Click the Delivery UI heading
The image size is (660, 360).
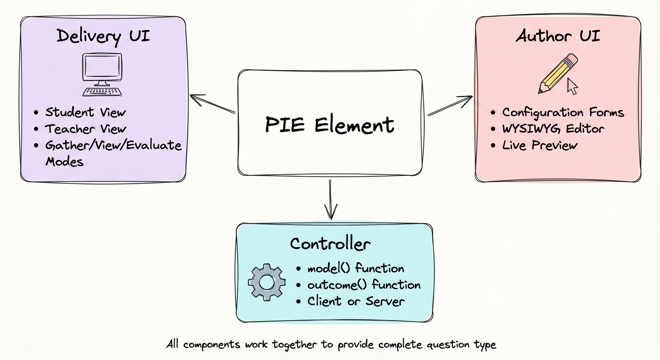(103, 37)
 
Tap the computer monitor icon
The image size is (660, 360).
(102, 74)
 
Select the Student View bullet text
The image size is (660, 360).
(85, 112)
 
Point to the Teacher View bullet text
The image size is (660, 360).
(86, 129)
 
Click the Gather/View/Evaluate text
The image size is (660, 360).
(113, 145)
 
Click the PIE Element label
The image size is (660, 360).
(330, 125)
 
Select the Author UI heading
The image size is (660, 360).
(557, 37)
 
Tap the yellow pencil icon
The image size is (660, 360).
(558, 74)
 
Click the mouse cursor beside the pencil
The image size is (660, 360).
(572, 86)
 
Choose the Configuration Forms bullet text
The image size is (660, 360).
(563, 112)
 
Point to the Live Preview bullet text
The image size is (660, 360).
(540, 145)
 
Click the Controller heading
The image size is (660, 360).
(330, 244)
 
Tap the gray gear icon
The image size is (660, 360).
(266, 282)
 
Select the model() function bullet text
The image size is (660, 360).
(355, 269)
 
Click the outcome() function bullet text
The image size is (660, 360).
(364, 285)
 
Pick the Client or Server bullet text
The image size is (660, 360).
(355, 301)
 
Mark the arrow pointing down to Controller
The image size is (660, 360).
(331, 199)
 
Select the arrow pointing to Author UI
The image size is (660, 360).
(450, 105)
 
